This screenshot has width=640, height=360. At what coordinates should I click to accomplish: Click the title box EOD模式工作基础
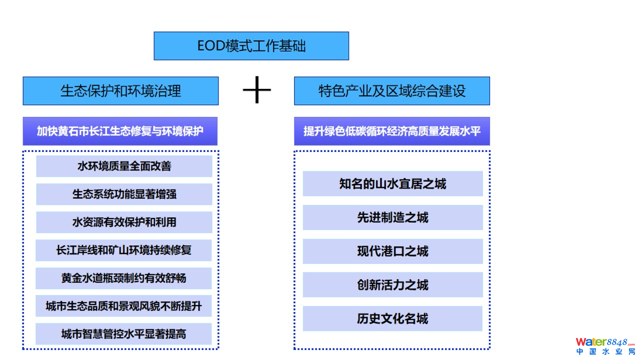point(251,46)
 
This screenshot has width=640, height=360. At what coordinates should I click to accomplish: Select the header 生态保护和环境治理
point(120,91)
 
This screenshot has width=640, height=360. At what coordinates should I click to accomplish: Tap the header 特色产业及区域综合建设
point(392,91)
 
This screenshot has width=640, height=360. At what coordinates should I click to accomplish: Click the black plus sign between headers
point(256,90)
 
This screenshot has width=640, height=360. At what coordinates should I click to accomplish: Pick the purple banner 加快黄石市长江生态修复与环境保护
point(120,131)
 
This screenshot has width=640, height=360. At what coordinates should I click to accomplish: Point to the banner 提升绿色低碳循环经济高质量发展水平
point(392,131)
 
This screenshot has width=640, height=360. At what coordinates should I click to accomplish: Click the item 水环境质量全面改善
point(124,166)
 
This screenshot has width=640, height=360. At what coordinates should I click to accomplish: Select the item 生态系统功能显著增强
point(124,194)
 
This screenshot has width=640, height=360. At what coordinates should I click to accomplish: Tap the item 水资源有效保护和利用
point(124,222)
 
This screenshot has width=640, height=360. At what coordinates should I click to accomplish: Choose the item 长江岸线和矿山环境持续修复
point(124,250)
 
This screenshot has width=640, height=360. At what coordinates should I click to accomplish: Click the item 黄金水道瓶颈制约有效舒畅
point(124,278)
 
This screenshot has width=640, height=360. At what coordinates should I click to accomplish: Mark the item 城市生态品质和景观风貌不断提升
point(124,306)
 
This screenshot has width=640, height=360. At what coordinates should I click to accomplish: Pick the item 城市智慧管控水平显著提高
point(124,333)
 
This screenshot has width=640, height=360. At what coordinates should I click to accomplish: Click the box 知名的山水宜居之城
point(392,184)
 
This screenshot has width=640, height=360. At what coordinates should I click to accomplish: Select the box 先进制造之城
point(392,217)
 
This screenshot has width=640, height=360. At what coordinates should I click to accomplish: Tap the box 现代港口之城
point(392,251)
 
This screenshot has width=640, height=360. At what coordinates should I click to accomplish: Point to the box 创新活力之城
point(392,285)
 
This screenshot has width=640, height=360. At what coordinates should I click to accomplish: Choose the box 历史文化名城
point(392,318)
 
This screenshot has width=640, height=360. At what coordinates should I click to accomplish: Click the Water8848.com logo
point(604,342)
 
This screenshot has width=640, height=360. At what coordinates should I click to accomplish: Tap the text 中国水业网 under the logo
point(605,352)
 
